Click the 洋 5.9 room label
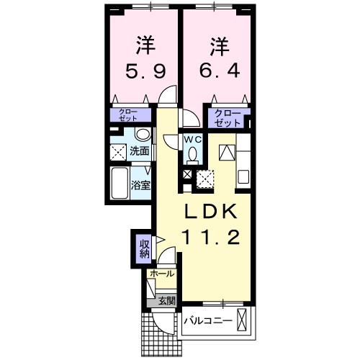tap(145, 58)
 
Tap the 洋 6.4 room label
tap(219, 58)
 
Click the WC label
tap(192, 139)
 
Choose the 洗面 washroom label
tap(140, 151)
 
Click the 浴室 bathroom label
tap(140, 185)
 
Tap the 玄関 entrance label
tap(166, 300)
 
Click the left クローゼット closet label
tap(130, 113)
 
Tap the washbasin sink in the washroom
tap(142, 135)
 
